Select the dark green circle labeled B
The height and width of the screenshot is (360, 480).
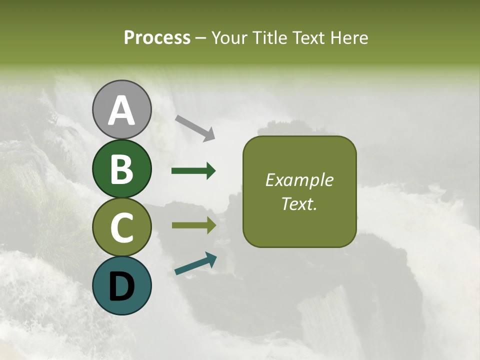tap(121, 168)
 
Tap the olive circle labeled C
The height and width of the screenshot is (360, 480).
tap(121, 227)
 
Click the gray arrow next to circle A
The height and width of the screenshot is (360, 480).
tap(195, 128)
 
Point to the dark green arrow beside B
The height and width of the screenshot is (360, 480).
tap(193, 171)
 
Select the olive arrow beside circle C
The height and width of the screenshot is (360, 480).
tap(193, 225)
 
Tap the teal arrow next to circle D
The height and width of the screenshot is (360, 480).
tap(195, 263)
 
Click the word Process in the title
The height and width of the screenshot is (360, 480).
tap(157, 38)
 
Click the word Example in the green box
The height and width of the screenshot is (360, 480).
tap(299, 180)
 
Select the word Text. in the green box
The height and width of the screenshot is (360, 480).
tap(299, 203)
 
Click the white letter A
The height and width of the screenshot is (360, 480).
tap(121, 110)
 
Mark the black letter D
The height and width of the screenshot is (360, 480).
tap(121, 286)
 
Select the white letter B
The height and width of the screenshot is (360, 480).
tap(121, 168)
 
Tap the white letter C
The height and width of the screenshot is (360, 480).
tap(121, 227)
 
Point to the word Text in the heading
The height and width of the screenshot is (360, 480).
tap(306, 38)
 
